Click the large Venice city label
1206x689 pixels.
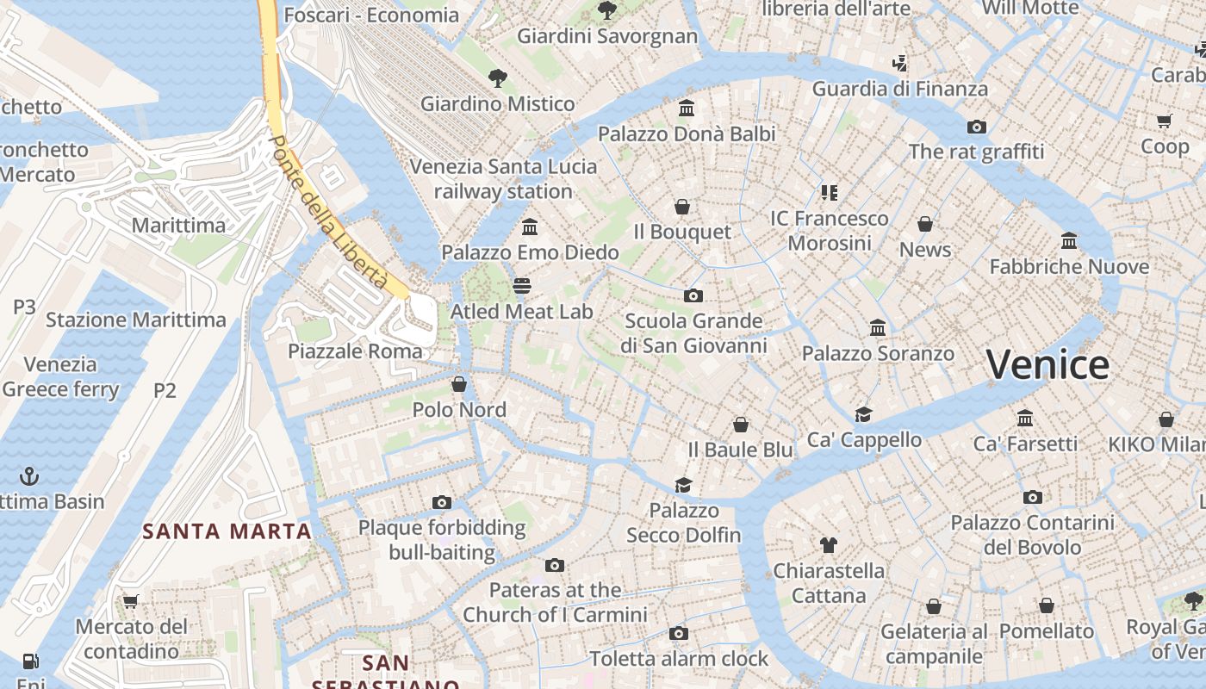point(1047,364)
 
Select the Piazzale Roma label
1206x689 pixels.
point(355,351)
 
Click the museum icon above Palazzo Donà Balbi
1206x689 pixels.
point(687,109)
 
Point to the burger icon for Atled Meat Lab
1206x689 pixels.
point(522,285)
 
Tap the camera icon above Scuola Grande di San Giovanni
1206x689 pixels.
point(693,295)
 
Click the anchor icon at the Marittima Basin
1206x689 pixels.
point(30,475)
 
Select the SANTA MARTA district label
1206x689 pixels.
point(227,531)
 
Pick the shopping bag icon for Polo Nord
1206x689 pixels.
point(459,384)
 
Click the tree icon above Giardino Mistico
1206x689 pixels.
point(497,78)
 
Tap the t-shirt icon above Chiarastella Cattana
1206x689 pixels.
point(828,544)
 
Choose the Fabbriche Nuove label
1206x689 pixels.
point(1069,267)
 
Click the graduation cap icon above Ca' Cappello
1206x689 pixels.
point(863,414)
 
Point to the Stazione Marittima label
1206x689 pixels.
point(136,320)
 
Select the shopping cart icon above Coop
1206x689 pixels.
point(1165,121)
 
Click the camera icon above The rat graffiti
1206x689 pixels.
point(976,127)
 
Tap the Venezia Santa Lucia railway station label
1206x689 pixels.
point(503,179)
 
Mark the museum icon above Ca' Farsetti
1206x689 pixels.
point(1025,419)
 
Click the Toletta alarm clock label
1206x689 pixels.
point(679,659)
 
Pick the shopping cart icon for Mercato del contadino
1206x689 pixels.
point(130,601)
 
